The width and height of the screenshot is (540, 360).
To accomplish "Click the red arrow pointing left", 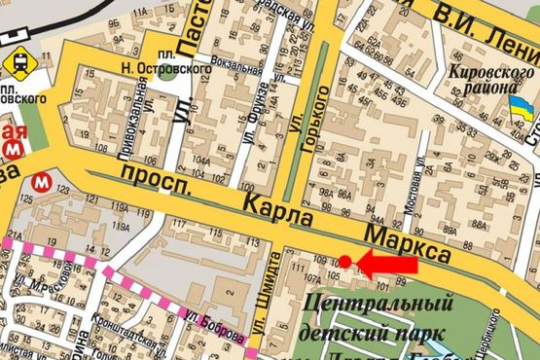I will [390, 262].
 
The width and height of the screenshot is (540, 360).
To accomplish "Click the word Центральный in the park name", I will [379, 306].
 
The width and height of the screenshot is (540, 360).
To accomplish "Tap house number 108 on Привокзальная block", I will [100, 149].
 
